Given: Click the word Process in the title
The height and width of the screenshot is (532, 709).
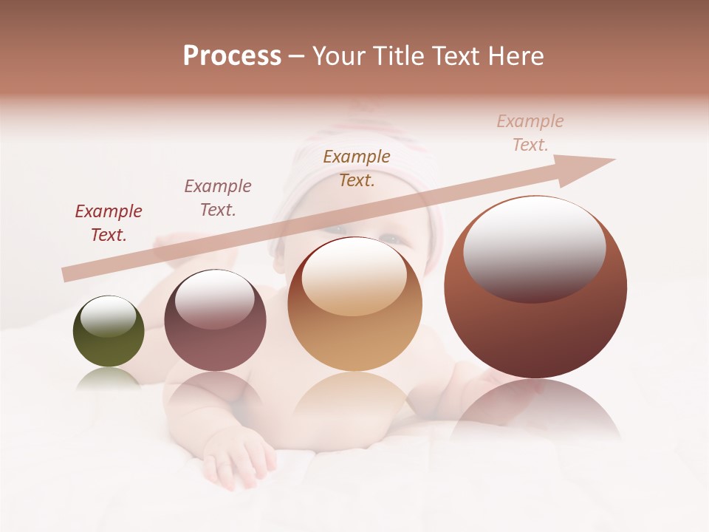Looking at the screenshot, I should click(232, 56).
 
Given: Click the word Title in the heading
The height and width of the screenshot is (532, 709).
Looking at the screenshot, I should click(399, 56).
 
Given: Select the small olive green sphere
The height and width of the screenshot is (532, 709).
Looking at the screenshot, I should click(109, 332).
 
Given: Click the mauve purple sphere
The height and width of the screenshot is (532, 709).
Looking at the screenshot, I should click(215, 321).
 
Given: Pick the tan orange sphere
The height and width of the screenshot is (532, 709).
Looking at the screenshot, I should click(354, 304).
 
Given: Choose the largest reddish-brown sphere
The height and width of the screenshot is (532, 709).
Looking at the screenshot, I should click(535, 288).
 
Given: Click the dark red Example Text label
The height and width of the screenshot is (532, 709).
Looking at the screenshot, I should click(109, 223).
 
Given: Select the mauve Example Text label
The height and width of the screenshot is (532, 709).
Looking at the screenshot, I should click(218, 198).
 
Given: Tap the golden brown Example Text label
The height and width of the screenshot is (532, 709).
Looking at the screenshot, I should click(357, 168).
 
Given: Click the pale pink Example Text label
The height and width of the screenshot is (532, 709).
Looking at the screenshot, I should click(530, 133).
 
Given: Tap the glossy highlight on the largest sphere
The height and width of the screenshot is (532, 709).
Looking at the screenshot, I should click(534, 248).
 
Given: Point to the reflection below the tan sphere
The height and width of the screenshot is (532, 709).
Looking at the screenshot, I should click(354, 395).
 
